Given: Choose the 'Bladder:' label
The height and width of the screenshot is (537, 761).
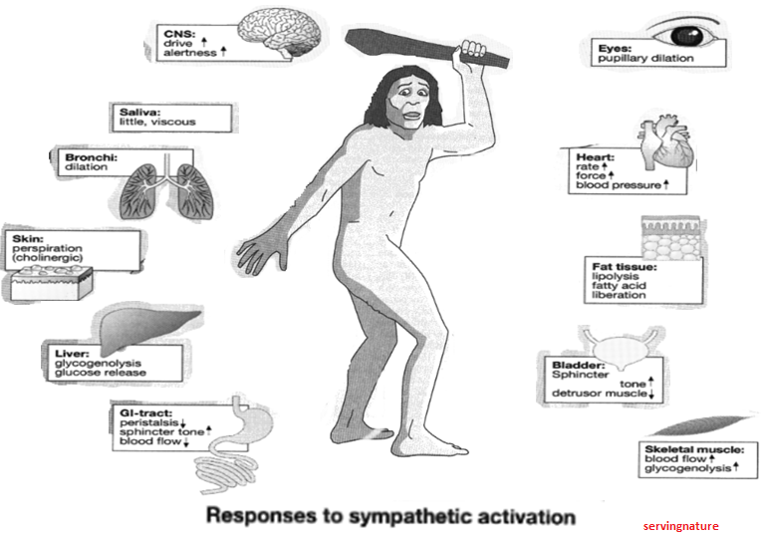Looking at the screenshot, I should [563, 366].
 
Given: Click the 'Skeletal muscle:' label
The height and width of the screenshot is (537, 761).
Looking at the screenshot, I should [693, 449].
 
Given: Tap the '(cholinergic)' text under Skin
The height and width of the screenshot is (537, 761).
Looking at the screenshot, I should [48, 260].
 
